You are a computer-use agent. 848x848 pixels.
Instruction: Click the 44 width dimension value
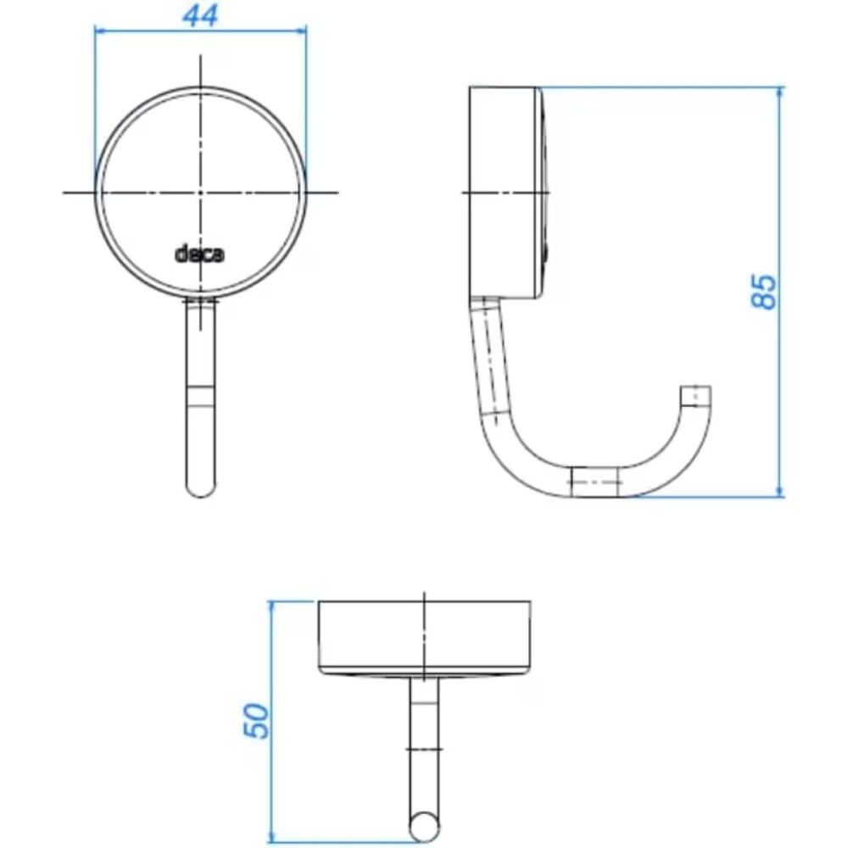point(200,15)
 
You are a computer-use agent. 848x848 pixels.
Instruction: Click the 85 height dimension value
point(766,291)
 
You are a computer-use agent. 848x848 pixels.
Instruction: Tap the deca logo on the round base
point(200,254)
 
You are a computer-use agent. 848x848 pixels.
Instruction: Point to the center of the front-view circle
point(200,192)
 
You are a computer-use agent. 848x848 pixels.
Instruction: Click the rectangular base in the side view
point(505,192)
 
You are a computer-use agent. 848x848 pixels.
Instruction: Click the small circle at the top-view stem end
point(424,824)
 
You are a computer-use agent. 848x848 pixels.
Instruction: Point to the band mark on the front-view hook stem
point(200,397)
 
